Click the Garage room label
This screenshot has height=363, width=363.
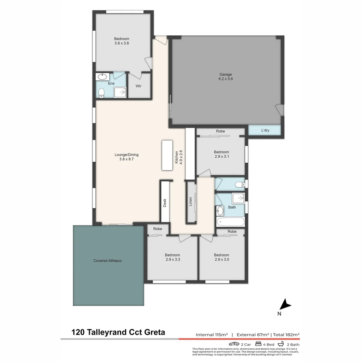tap(226, 75)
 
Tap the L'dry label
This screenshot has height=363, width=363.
tap(265, 130)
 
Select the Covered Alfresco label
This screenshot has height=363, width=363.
tap(107, 260)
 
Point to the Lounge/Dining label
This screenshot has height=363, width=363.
tap(126, 155)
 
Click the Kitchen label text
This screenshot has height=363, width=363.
tap(176, 157)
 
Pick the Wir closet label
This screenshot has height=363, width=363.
tap(138, 86)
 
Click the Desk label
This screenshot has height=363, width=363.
tap(165, 203)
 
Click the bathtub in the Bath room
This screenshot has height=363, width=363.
tap(231, 222)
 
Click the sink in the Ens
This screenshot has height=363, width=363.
tap(101, 77)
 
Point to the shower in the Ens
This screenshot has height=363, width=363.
tap(120, 92)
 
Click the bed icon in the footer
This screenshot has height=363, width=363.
tap(258, 344)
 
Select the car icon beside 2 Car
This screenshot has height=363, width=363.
tap(234, 344)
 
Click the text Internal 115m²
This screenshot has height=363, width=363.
tap(212, 334)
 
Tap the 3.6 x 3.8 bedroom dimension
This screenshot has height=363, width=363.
tap(121, 43)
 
